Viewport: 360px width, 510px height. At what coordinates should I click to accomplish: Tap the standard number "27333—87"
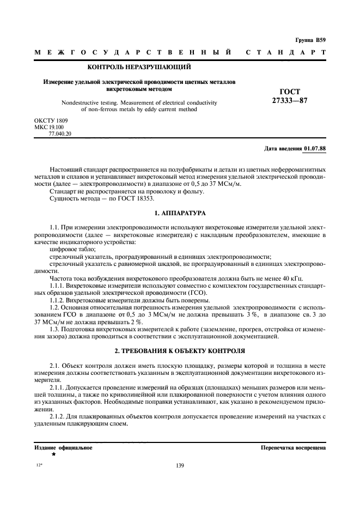tap(289, 100)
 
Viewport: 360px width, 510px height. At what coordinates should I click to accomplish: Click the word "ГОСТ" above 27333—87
tap(289, 92)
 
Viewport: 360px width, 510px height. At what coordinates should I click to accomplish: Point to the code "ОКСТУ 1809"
tap(51, 119)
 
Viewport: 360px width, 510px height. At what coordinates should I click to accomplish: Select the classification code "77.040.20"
tap(60, 133)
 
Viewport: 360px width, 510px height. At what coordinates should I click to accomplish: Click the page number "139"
tap(180, 465)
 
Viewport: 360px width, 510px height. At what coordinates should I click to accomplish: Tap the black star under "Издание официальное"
tap(53, 454)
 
